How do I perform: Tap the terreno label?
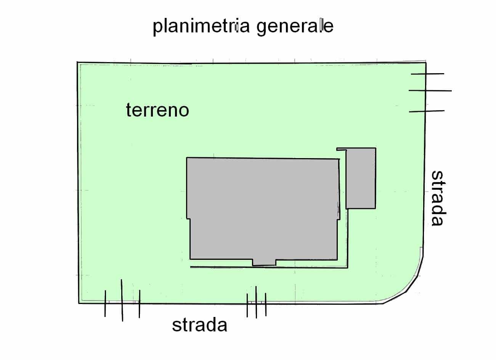point(157,110)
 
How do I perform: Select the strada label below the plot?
point(199,325)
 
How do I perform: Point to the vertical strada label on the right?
point(438,198)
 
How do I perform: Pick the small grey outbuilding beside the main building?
point(361,178)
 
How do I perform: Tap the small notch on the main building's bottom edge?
point(264,262)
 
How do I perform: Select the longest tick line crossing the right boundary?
point(430,91)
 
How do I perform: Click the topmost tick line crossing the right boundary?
point(427,74)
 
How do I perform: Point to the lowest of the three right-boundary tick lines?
point(427,111)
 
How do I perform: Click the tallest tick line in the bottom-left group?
point(122,300)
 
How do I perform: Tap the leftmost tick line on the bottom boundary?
point(105,303)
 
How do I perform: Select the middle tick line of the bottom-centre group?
point(256,302)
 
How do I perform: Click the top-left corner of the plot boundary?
point(77,62)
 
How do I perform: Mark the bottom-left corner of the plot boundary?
point(79,303)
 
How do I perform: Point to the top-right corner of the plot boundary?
point(425,61)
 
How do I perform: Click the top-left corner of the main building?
point(187,158)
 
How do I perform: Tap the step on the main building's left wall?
point(188,219)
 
